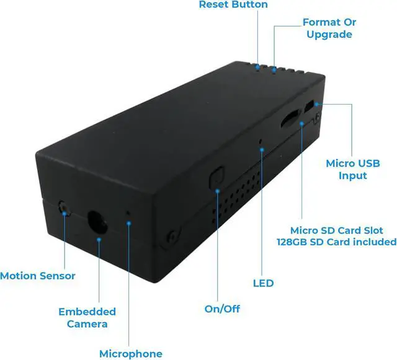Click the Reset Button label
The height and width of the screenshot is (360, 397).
coord(233,5)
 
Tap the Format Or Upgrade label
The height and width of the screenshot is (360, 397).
coord(329,28)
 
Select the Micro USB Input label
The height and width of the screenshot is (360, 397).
coord(352,169)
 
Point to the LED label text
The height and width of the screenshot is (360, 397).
coord(263,283)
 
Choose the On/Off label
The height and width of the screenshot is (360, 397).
coord(222,309)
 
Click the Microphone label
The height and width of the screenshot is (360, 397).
coord(131,354)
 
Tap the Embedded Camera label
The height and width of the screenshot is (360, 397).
coord(87,317)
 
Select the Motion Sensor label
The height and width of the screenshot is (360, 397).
coord(38,276)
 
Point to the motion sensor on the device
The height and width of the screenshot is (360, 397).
coord(63,206)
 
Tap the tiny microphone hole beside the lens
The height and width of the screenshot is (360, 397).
coord(128,213)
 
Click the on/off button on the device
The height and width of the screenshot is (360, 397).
coord(216,176)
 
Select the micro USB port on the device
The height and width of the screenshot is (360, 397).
coord(311,108)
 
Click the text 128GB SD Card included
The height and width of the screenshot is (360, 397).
coord(336,242)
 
